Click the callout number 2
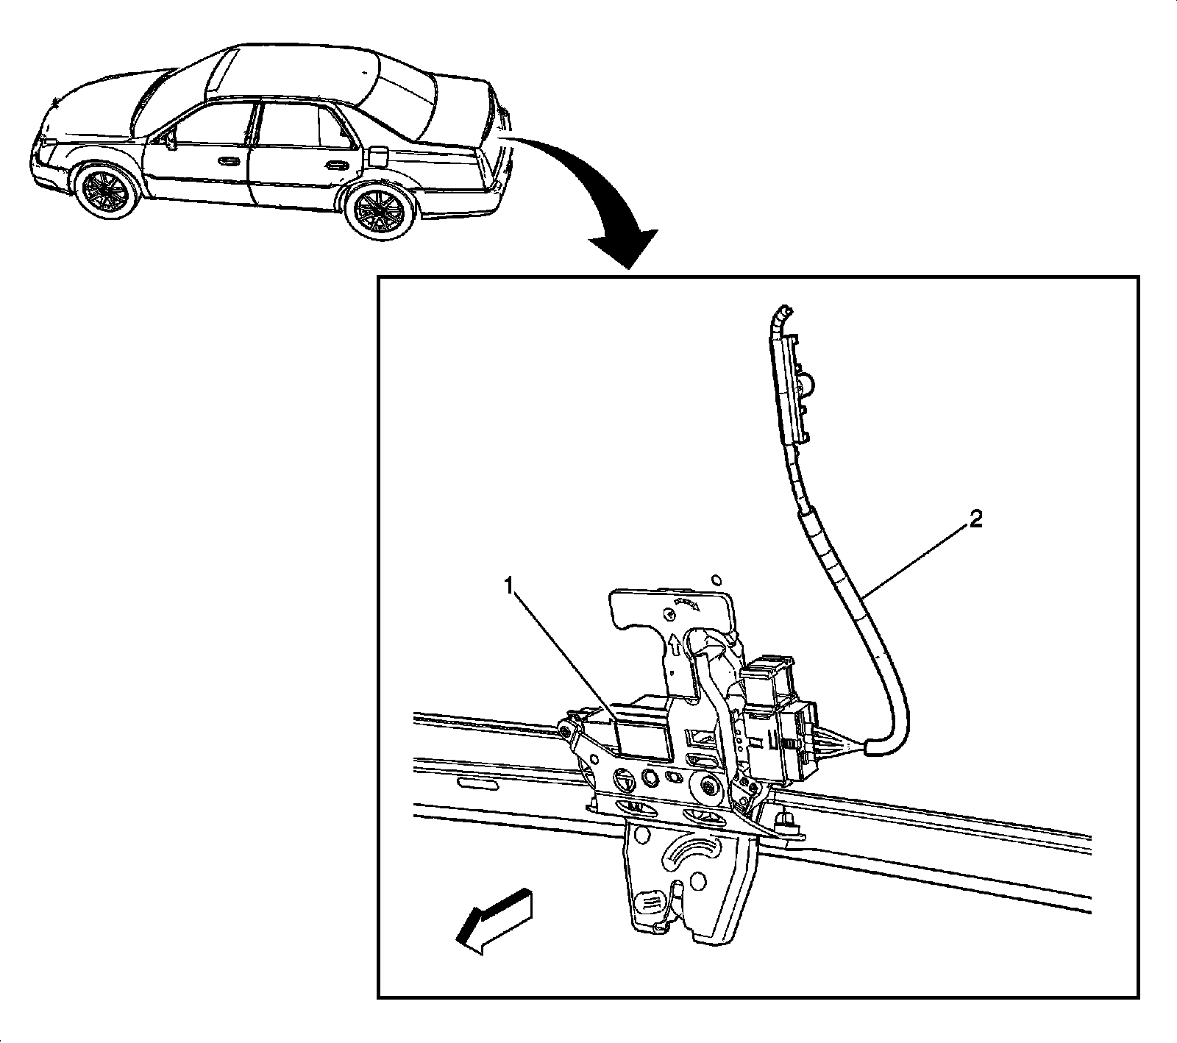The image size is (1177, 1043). pos(975,521)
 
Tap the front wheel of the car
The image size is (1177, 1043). pos(107,190)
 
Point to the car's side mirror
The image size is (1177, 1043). pos(171,139)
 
